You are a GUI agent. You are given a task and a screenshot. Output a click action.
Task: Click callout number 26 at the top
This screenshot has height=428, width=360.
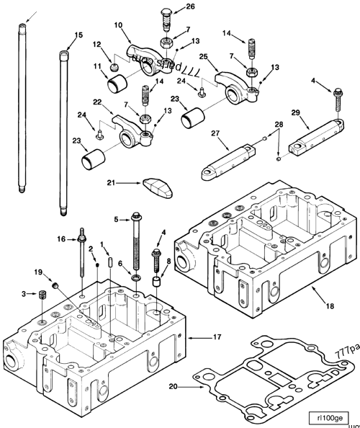(x=190, y=6)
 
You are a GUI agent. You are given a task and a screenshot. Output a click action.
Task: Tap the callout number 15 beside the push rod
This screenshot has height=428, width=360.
(x=78, y=35)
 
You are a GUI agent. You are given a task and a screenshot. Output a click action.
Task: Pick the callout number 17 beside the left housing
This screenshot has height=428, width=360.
(x=217, y=336)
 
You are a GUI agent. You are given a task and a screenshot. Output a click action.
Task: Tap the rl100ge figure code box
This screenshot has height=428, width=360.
(x=328, y=417)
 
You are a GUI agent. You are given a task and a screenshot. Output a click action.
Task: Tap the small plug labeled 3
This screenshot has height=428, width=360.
(x=43, y=293)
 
